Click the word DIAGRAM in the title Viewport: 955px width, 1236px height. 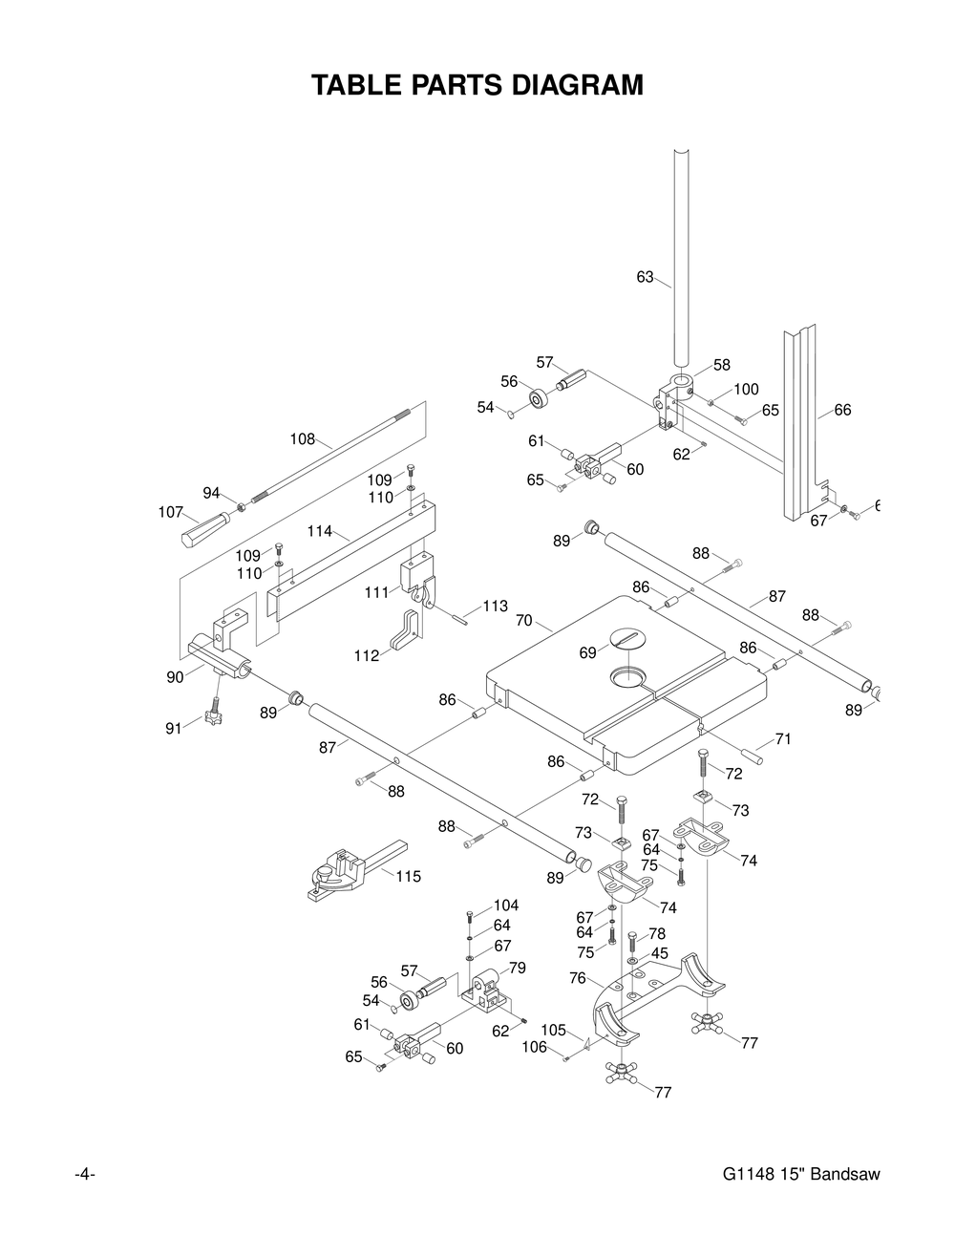[x=577, y=85]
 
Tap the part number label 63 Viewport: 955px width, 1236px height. [x=645, y=277]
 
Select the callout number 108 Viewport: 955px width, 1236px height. [x=303, y=438]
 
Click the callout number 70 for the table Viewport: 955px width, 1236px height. [x=524, y=621]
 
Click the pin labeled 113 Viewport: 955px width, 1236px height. [x=460, y=618]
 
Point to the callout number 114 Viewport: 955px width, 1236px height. [x=320, y=531]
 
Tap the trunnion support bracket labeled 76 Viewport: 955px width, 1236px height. [x=659, y=999]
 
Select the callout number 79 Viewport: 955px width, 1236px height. [x=518, y=968]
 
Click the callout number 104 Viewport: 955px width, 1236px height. [x=506, y=905]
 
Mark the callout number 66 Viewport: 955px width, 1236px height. [x=842, y=410]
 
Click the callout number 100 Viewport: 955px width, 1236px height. [x=747, y=389]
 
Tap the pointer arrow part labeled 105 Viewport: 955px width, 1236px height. [x=586, y=1044]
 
